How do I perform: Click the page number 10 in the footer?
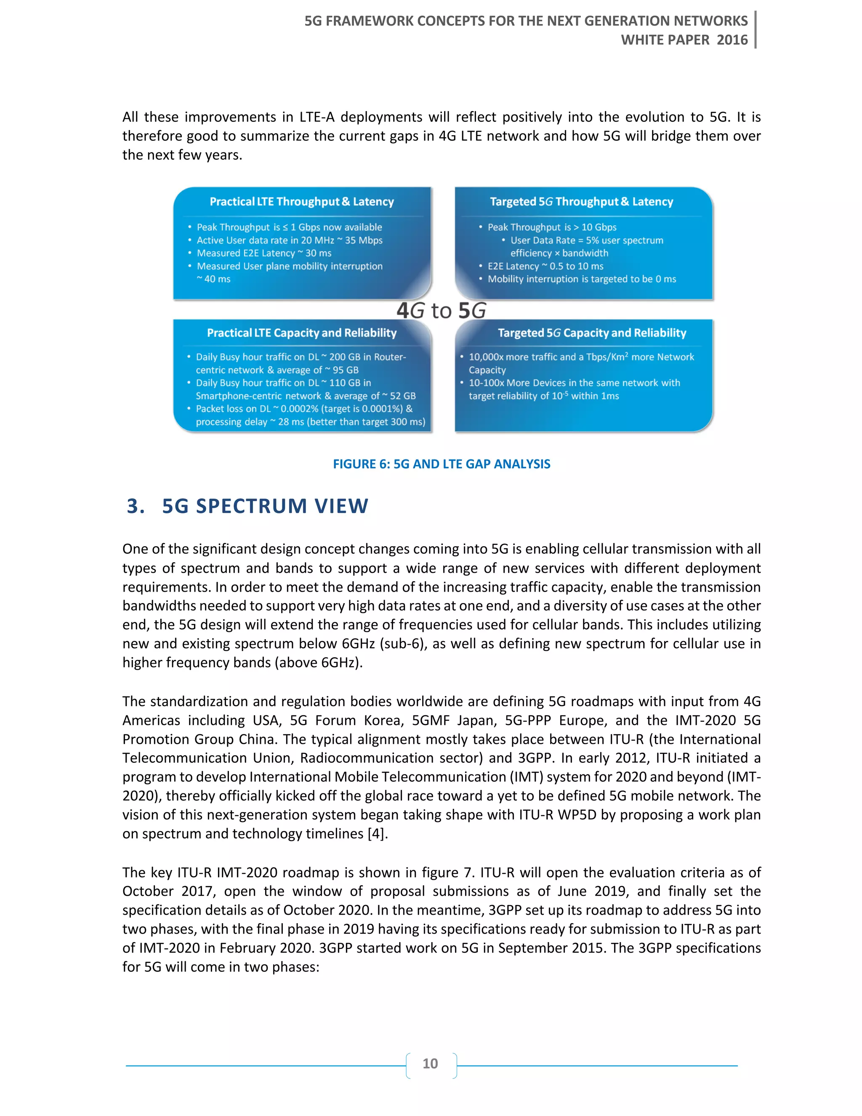[430, 1063]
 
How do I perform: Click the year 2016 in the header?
[732, 40]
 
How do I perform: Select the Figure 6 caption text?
[441, 464]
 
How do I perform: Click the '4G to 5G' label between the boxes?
[441, 310]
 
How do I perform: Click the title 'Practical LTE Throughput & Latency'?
[301, 202]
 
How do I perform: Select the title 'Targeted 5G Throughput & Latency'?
[581, 202]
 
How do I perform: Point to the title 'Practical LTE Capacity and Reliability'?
[301, 333]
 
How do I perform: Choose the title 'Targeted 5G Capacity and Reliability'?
[591, 333]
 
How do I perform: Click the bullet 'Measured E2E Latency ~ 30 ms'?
[264, 253]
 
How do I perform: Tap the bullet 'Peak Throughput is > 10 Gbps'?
[551, 227]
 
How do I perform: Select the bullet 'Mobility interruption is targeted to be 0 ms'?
[581, 279]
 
